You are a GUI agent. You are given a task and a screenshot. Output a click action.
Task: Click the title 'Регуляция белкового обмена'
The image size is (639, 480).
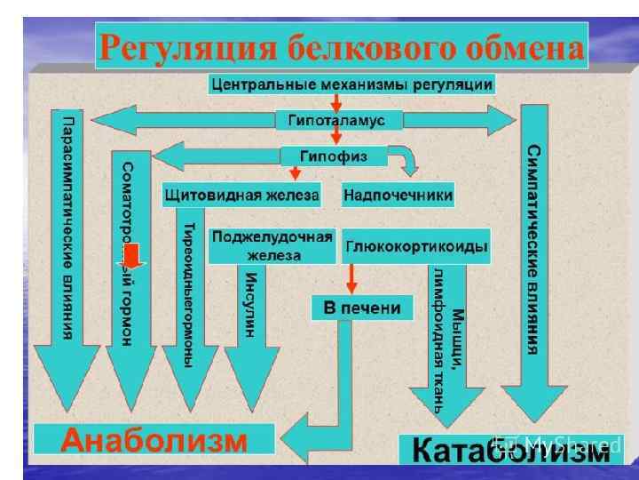[341, 46]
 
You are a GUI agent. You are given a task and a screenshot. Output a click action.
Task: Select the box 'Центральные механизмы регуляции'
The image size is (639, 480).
[351, 84]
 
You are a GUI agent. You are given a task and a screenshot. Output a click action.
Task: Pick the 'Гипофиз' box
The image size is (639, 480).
[335, 156]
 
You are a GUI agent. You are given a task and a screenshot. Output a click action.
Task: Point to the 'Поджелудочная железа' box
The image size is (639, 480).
[272, 245]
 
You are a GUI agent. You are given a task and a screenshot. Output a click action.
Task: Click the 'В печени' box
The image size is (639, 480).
[362, 308]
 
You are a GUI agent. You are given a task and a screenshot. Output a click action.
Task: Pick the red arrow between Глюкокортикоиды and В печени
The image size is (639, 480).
[351, 278]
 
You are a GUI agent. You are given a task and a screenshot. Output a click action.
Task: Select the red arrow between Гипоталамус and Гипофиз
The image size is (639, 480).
[336, 137]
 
